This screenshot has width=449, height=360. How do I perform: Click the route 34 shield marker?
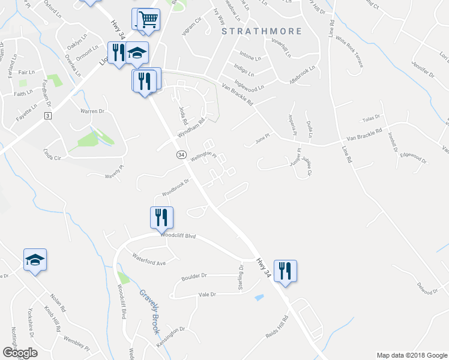[180, 154]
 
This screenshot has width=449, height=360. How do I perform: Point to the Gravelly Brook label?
[148, 306]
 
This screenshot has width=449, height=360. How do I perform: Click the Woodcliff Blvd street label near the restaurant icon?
[178, 235]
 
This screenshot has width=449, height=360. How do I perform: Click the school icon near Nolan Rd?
[35, 259]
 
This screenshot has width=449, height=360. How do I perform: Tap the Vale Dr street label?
[206, 294]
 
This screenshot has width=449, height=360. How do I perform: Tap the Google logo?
[20, 353]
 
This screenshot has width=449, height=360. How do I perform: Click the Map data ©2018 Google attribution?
[411, 355]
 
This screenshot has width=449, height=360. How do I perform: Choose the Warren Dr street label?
[92, 111]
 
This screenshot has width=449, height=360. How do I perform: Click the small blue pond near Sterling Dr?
[259, 296]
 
